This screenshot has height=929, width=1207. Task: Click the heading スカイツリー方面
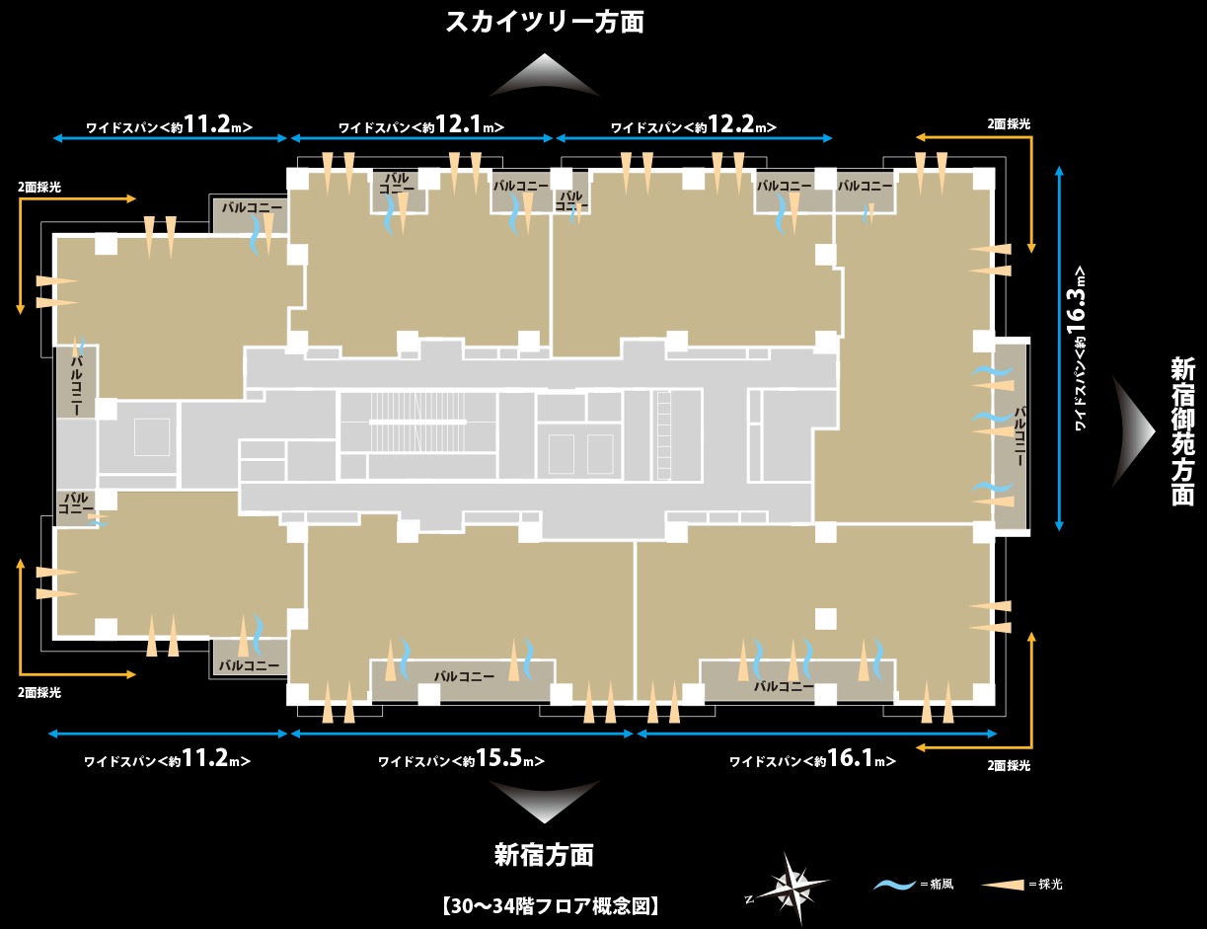pos(545,23)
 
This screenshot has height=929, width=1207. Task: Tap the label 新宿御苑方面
pos(1182,432)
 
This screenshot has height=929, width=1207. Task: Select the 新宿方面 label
pos(545,855)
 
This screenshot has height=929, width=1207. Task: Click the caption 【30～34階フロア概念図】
pos(550,906)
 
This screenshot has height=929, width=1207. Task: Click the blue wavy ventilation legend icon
pos(894,884)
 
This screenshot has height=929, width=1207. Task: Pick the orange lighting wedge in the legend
pos(1003,884)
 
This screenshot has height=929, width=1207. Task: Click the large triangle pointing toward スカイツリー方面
pos(545,75)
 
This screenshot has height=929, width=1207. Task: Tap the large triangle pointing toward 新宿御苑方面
pos(1133,431)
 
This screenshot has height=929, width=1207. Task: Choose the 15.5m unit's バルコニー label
pos(464,676)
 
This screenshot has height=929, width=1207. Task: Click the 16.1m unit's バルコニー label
pos(784,687)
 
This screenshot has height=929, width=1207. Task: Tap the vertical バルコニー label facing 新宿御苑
pos(1019,436)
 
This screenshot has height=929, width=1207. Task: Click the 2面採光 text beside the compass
pos(1009,765)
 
